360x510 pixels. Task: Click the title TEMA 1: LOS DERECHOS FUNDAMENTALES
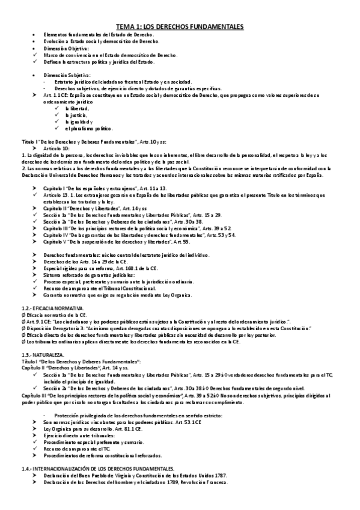[180, 26]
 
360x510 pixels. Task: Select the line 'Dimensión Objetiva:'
[66, 48]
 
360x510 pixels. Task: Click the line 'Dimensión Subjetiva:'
[67, 75]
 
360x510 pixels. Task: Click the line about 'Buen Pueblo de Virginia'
[135, 475]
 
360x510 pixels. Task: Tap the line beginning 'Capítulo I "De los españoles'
[96, 188]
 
